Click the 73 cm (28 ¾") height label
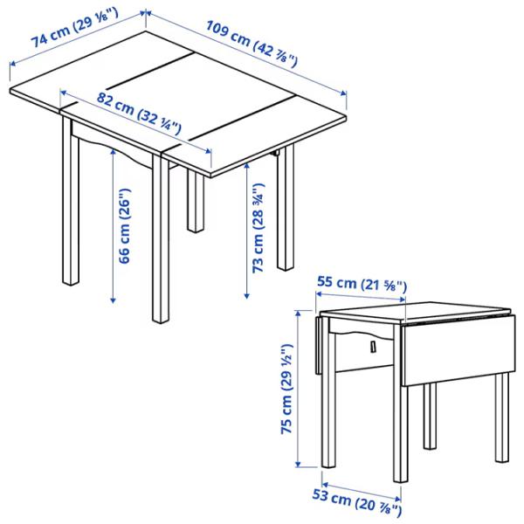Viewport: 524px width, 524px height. (x=259, y=226)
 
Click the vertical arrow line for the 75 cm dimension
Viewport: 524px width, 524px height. (x=298, y=389)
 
